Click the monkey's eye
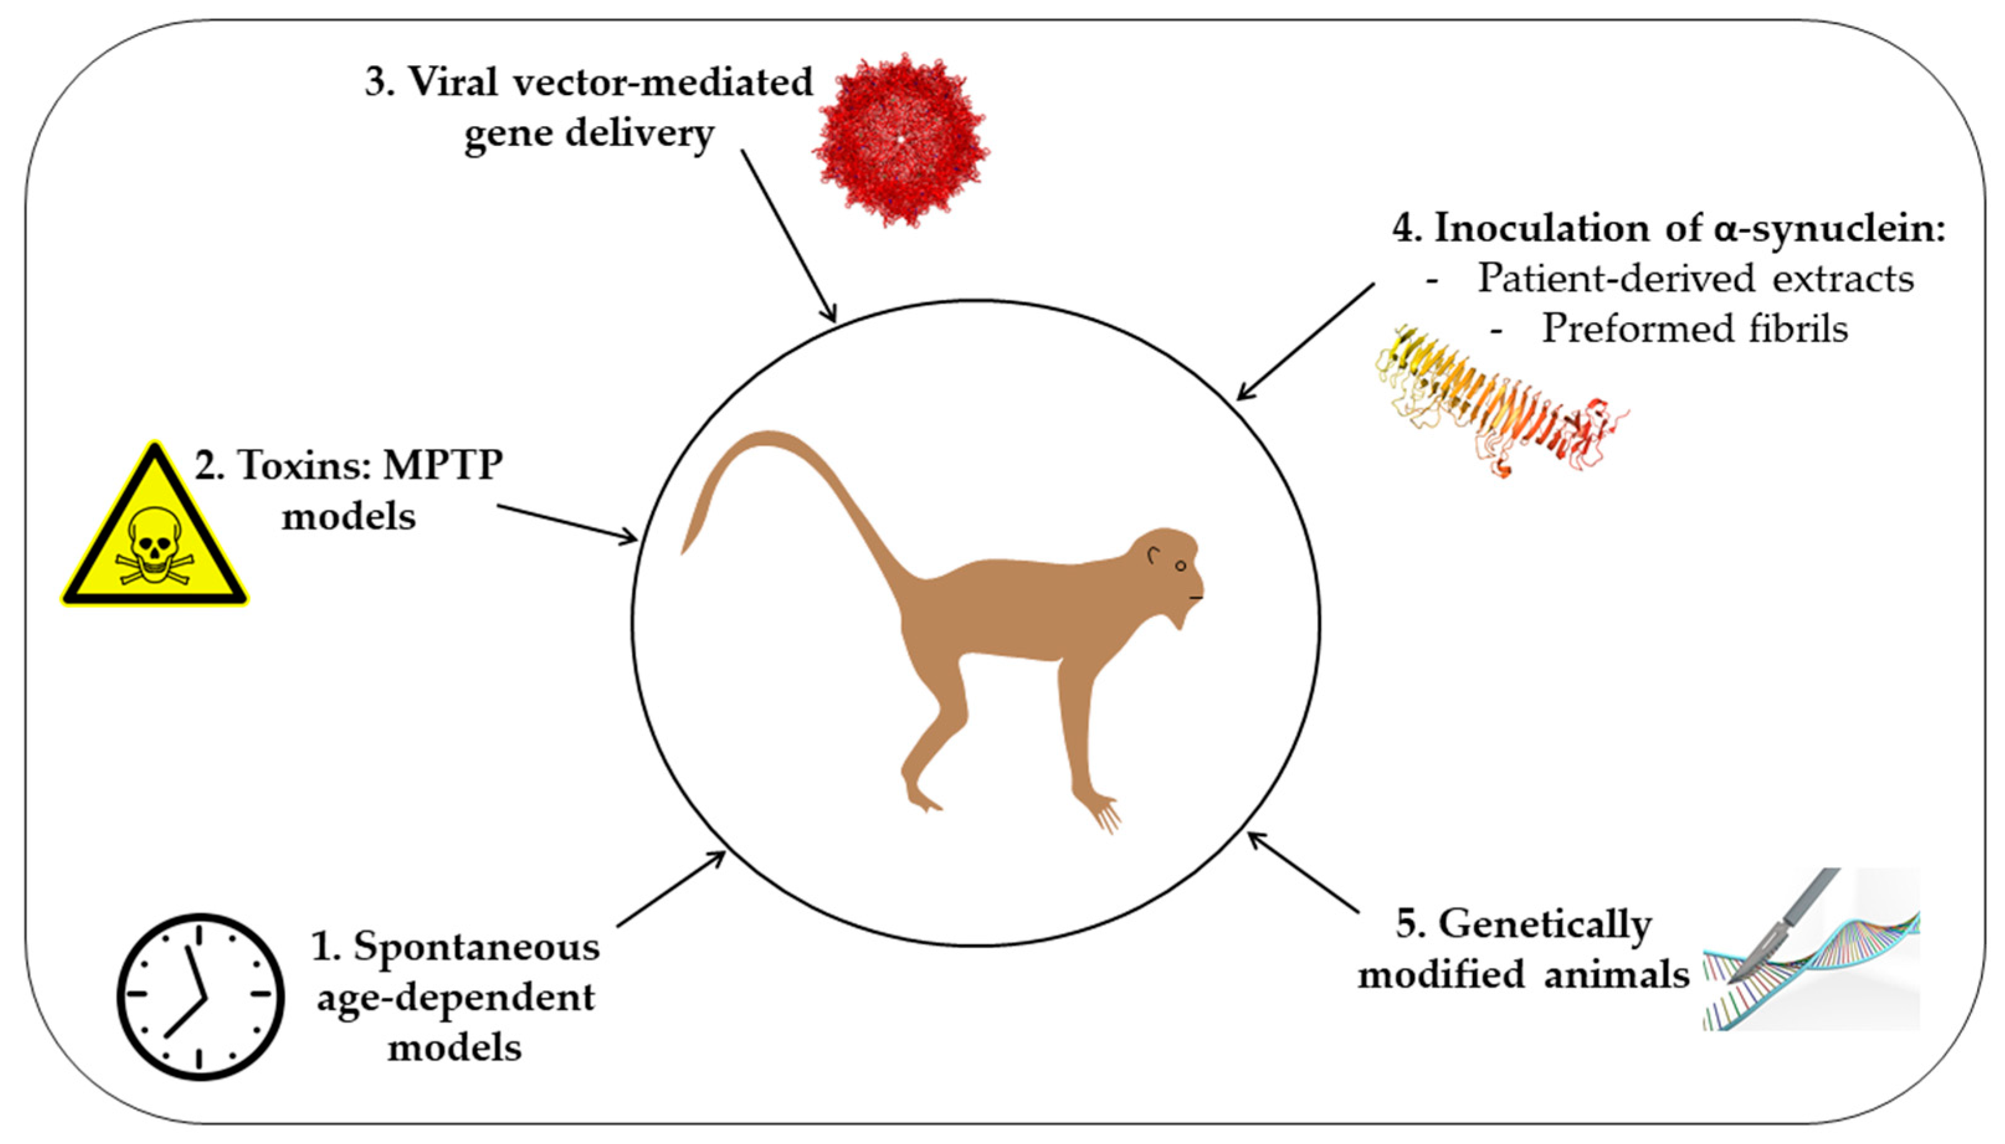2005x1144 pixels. click(1180, 565)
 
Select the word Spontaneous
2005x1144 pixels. click(476, 947)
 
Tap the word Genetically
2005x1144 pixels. click(1544, 925)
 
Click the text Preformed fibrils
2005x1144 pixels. click(1694, 328)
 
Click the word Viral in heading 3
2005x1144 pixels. click(453, 82)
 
